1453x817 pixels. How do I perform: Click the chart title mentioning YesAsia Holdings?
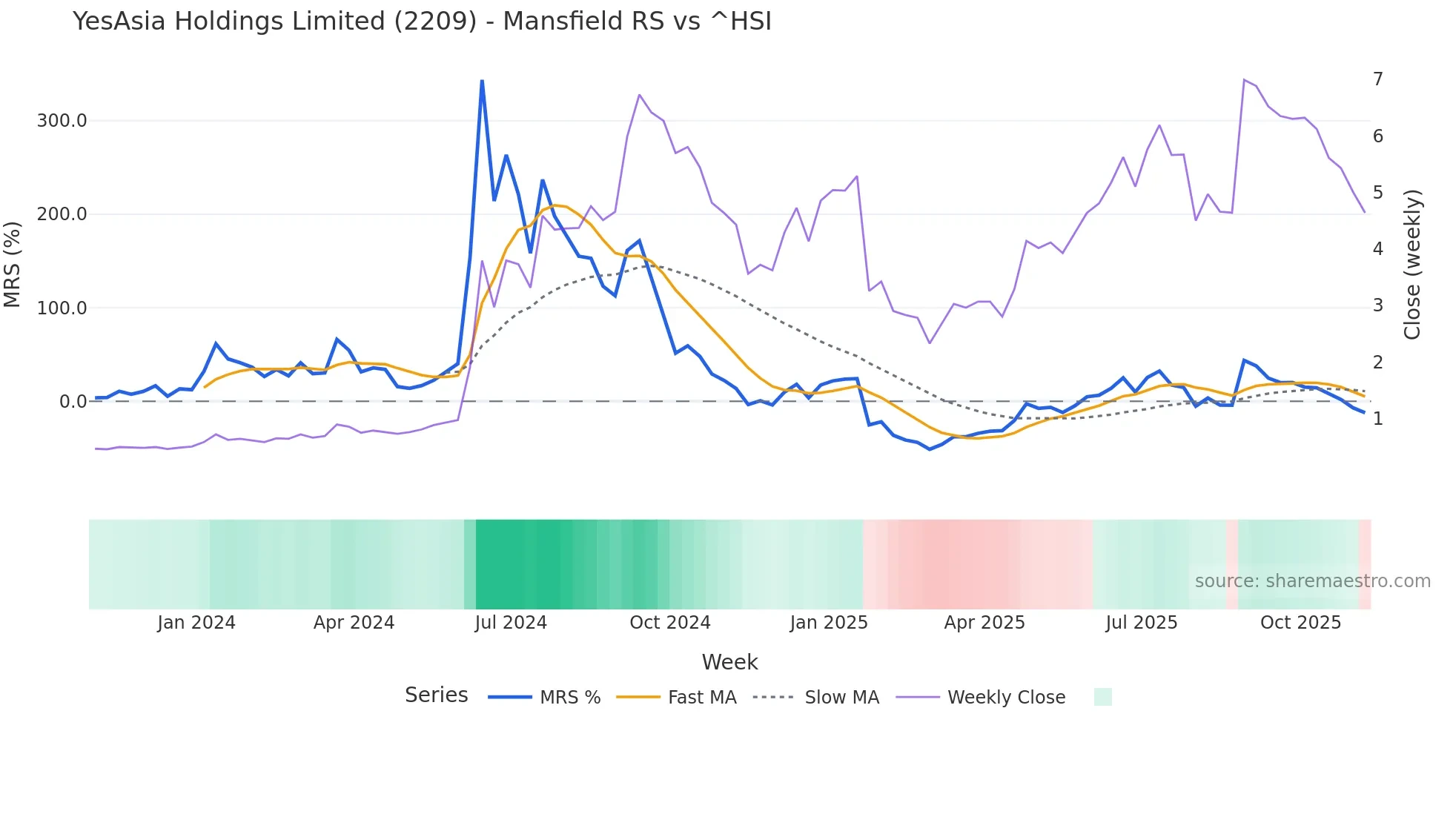pyautogui.click(x=422, y=21)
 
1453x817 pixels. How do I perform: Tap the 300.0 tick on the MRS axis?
pyautogui.click(x=62, y=121)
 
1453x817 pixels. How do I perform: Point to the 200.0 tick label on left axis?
pyautogui.click(x=62, y=214)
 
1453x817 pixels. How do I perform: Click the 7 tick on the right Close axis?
pyautogui.click(x=1377, y=79)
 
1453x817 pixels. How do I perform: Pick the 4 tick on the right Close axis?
pyautogui.click(x=1377, y=249)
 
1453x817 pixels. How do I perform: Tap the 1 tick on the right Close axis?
pyautogui.click(x=1377, y=419)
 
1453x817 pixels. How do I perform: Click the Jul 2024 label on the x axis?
pyautogui.click(x=511, y=623)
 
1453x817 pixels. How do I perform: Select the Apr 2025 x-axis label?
pyautogui.click(x=984, y=623)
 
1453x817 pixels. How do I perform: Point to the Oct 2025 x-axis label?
pyautogui.click(x=1300, y=623)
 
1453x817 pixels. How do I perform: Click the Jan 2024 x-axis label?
pyautogui.click(x=196, y=623)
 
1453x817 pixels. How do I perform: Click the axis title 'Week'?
pyautogui.click(x=729, y=662)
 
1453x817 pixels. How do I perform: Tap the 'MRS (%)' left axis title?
pyautogui.click(x=13, y=264)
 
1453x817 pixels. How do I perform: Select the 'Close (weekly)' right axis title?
pyautogui.click(x=1412, y=264)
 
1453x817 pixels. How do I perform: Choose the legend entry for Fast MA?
pyautogui.click(x=701, y=698)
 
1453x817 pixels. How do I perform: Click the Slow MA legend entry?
pyautogui.click(x=841, y=698)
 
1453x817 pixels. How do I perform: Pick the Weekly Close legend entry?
pyautogui.click(x=1006, y=698)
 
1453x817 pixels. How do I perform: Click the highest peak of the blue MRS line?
pyautogui.click(x=482, y=81)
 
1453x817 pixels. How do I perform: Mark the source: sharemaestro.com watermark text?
pyautogui.click(x=1312, y=581)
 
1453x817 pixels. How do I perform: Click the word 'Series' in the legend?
pyautogui.click(x=436, y=695)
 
